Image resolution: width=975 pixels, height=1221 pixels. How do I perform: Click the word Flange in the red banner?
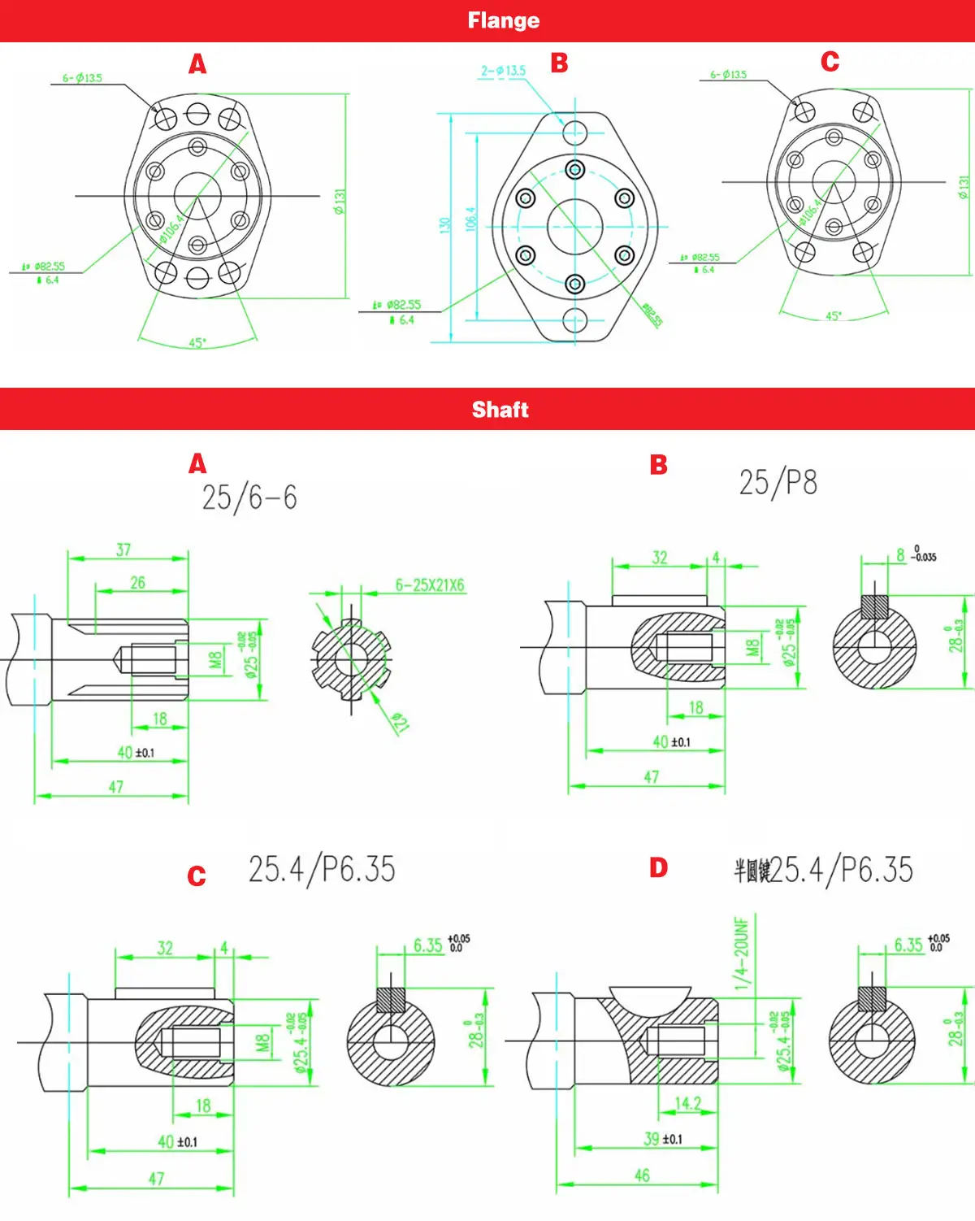pyautogui.click(x=503, y=20)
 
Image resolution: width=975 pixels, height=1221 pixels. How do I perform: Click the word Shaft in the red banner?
pyautogui.click(x=500, y=410)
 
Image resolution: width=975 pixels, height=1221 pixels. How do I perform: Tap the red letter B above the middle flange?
pyautogui.click(x=559, y=63)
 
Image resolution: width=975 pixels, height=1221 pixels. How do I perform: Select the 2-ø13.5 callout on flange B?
pyautogui.click(x=503, y=71)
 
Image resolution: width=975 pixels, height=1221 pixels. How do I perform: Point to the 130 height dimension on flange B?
pyautogui.click(x=445, y=225)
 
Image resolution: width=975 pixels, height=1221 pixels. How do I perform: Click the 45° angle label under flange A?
pyautogui.click(x=197, y=343)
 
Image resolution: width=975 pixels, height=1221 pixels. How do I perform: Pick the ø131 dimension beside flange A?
pyautogui.click(x=340, y=201)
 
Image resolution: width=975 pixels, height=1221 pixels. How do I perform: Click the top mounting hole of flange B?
pyautogui.click(x=575, y=132)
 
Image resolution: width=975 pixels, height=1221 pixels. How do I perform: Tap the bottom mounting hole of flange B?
pyautogui.click(x=575, y=319)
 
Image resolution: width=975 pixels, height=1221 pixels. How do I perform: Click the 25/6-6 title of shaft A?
pyautogui.click(x=249, y=498)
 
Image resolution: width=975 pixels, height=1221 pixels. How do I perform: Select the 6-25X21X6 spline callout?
pyautogui.click(x=430, y=585)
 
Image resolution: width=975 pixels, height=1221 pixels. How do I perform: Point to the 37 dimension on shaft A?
pyautogui.click(x=123, y=550)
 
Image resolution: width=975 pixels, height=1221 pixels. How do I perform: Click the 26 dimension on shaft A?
pyautogui.click(x=138, y=583)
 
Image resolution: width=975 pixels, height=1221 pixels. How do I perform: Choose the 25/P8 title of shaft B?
pyautogui.click(x=778, y=483)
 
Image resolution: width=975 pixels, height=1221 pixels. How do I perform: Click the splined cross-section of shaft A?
pyautogui.click(x=351, y=658)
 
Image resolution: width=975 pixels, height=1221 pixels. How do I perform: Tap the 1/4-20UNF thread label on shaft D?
pyautogui.click(x=741, y=954)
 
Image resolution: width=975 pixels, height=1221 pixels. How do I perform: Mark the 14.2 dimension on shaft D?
pyautogui.click(x=687, y=1104)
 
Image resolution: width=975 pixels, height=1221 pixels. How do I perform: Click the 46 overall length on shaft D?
pyautogui.click(x=642, y=1175)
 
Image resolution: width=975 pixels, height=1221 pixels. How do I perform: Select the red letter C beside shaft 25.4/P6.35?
pyautogui.click(x=197, y=876)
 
